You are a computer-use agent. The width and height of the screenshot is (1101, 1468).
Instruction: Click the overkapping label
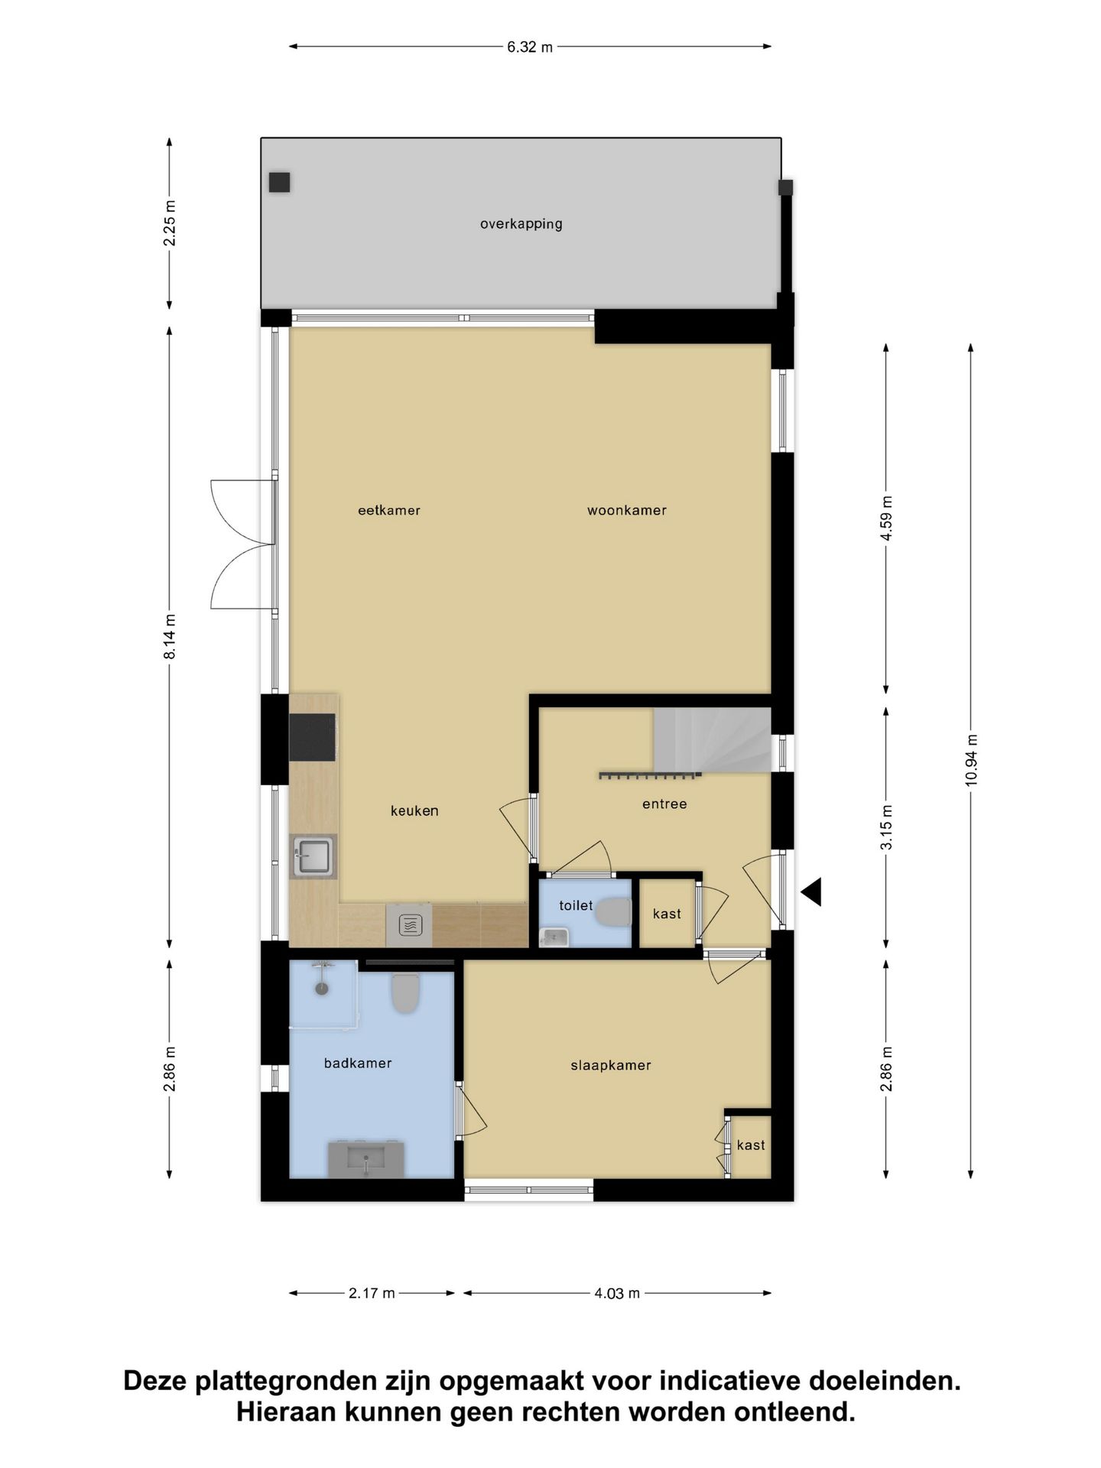click(521, 224)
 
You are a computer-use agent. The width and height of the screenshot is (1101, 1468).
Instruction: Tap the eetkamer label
click(389, 510)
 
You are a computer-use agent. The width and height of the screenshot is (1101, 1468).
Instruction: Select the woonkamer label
click(627, 510)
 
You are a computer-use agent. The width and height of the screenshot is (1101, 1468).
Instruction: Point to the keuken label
click(414, 810)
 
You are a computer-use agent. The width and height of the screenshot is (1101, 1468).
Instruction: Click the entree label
click(664, 804)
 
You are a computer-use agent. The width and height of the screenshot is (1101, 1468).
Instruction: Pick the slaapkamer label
click(611, 1065)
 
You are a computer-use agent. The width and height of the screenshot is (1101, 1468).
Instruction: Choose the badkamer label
click(358, 1063)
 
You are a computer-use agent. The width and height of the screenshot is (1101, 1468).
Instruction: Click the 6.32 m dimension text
click(530, 47)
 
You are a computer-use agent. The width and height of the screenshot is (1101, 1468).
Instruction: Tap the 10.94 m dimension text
click(971, 760)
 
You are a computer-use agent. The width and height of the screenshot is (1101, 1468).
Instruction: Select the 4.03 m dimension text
click(617, 1294)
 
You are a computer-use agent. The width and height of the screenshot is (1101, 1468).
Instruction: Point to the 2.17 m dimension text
click(372, 1294)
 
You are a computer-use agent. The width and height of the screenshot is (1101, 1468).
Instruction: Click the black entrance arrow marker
click(811, 892)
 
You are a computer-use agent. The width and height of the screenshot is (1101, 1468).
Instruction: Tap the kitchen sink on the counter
click(313, 856)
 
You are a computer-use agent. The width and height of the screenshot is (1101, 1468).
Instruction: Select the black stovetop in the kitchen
click(312, 737)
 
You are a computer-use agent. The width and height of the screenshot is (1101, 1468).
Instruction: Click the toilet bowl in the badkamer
click(405, 992)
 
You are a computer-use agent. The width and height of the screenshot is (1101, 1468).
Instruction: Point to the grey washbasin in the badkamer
click(366, 1159)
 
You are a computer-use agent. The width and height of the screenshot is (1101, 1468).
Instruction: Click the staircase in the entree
click(711, 739)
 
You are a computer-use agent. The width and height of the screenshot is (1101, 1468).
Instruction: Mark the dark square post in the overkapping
click(279, 182)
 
